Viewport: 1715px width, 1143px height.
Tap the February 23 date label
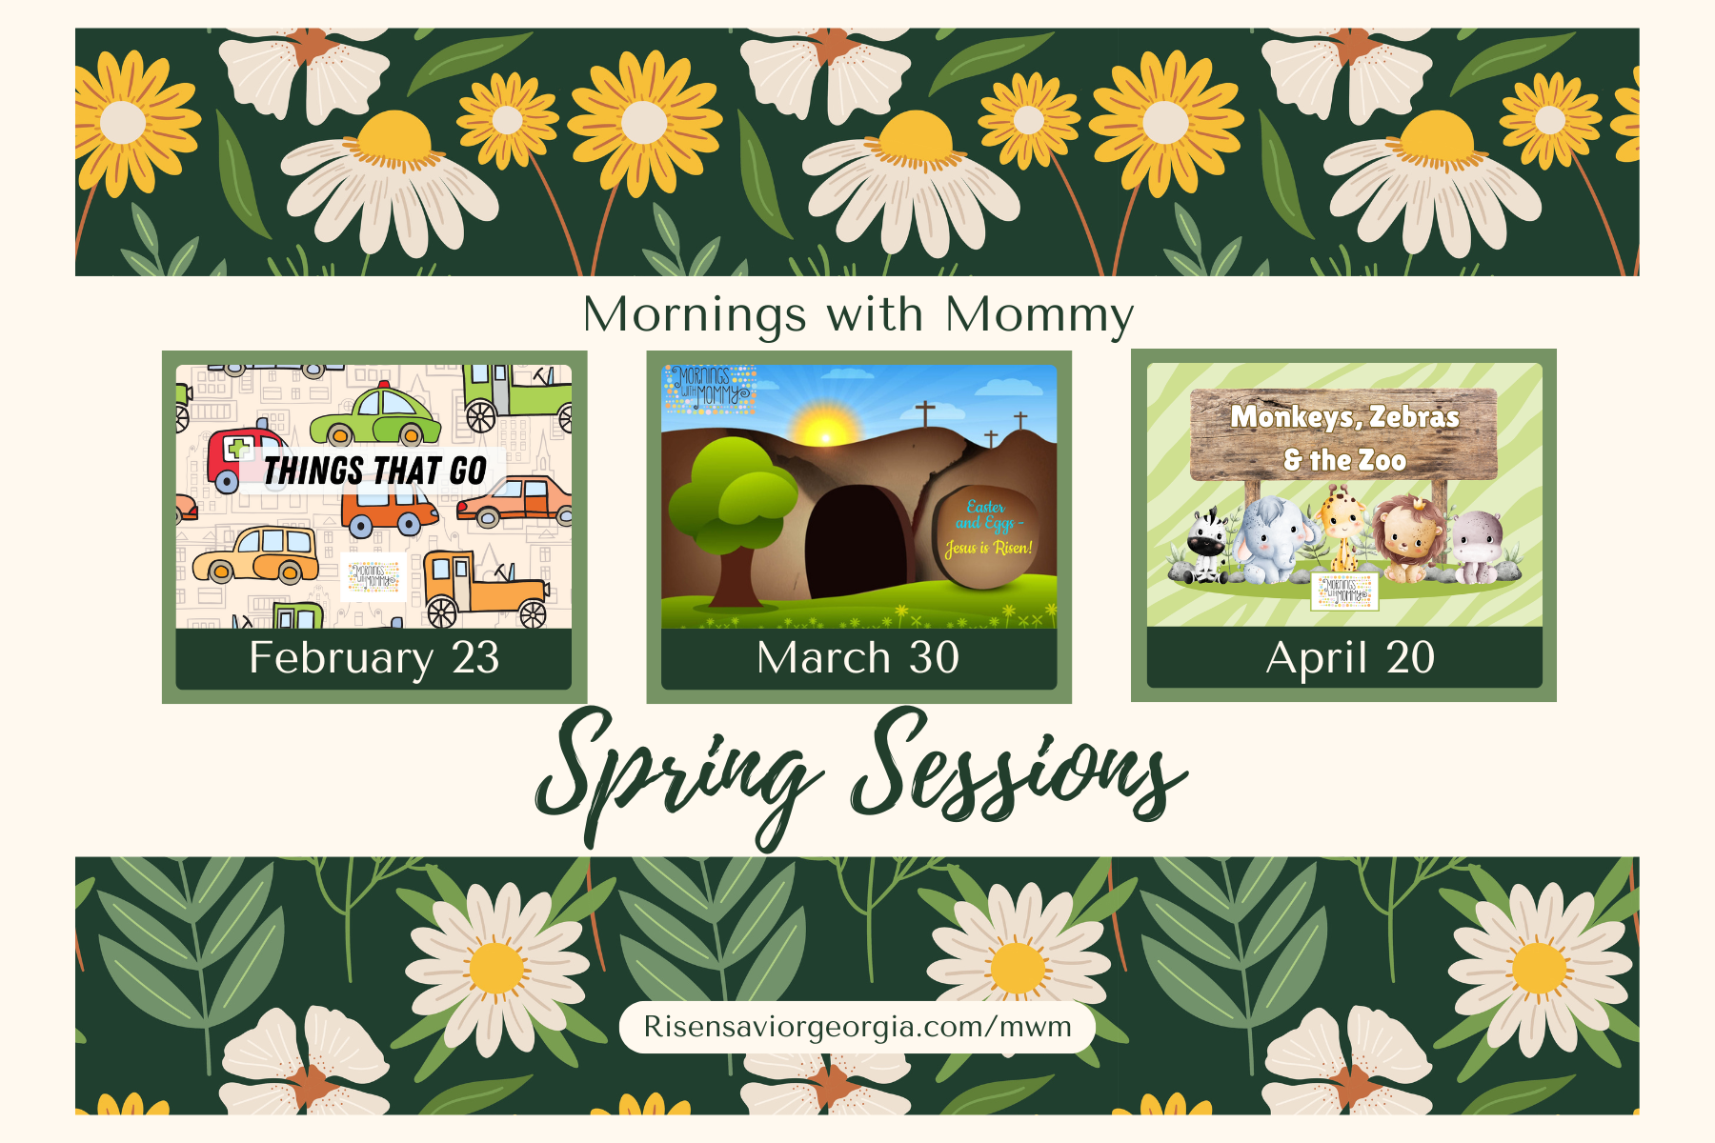pyautogui.click(x=374, y=658)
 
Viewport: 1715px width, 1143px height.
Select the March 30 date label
pyautogui.click(x=857, y=658)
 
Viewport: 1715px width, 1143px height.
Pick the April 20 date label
pyautogui.click(x=1350, y=658)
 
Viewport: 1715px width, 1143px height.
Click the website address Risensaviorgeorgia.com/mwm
pyautogui.click(x=857, y=1027)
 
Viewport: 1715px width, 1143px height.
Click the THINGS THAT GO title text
pyautogui.click(x=375, y=471)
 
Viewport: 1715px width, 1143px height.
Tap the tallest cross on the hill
pyautogui.click(x=924, y=414)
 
